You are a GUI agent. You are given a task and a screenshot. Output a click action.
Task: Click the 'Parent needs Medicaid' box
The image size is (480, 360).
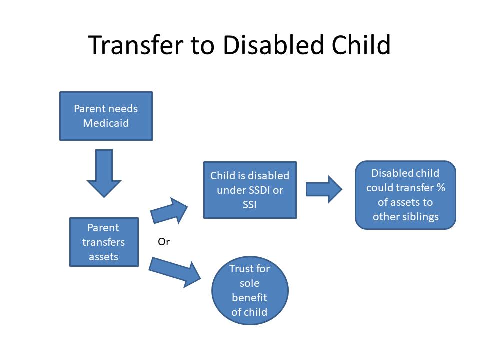coord(106,116)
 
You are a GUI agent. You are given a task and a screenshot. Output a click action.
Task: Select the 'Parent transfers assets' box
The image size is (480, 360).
coord(104,242)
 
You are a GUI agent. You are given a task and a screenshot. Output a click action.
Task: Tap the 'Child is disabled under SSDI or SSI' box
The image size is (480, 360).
coord(250,190)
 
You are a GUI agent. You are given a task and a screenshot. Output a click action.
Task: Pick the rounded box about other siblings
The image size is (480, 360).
coord(405,195)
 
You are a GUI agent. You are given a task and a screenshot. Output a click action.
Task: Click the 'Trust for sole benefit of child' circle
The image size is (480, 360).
coord(250,290)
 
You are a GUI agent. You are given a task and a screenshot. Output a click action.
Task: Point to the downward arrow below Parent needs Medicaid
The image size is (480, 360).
coord(104,173)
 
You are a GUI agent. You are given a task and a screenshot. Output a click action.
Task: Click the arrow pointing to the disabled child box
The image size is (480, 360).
coord(169,211)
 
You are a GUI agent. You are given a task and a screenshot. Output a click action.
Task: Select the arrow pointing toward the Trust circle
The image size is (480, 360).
coord(175,272)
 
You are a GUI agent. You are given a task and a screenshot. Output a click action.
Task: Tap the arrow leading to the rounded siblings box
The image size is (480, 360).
coord(324,189)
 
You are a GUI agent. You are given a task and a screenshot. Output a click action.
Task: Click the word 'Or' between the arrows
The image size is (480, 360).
coord(164,242)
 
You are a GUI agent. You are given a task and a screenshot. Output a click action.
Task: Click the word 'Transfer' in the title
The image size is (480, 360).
coord(136,45)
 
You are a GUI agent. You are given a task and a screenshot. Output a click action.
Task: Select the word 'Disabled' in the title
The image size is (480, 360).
coord(273,45)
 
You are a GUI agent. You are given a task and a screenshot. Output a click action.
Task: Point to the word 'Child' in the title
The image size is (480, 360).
coord(361,45)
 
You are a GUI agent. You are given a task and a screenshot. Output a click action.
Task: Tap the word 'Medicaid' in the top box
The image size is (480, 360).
coord(106,123)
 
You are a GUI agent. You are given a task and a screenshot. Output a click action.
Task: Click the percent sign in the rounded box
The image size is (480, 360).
coord(441,187)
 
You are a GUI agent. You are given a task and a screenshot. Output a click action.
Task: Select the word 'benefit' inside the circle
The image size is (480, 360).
coord(250,297)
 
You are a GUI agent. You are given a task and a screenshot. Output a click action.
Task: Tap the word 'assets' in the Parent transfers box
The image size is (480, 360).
coord(104,257)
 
